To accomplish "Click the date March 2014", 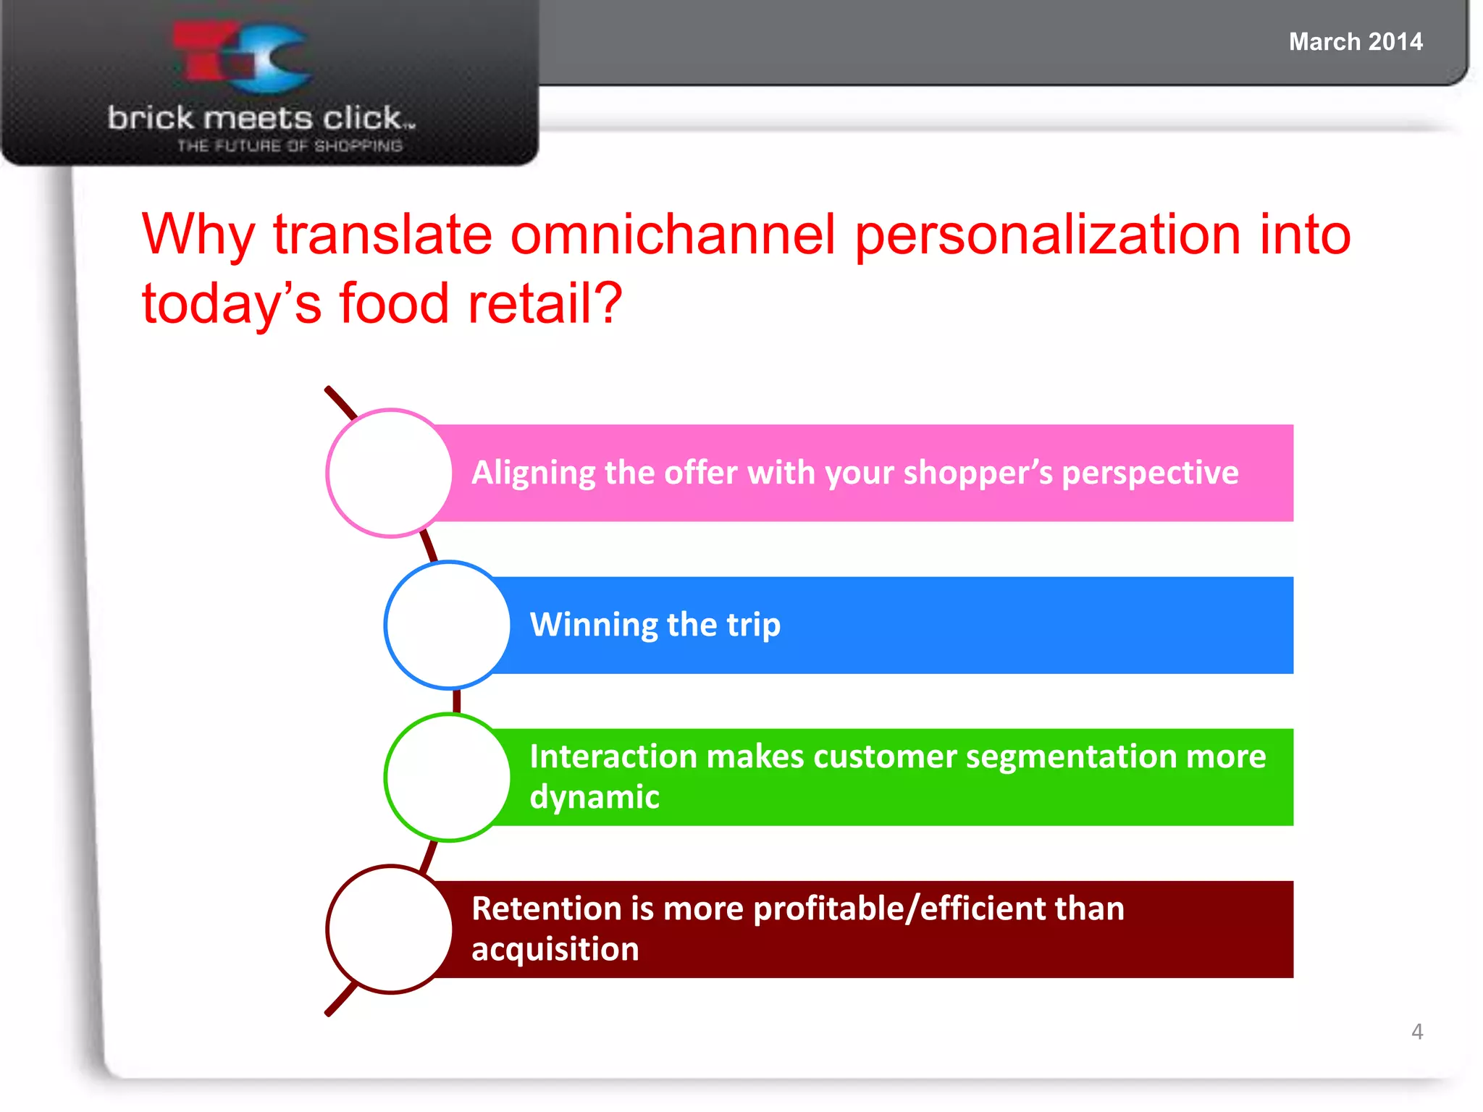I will click(x=1355, y=42).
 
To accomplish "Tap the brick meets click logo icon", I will click(x=243, y=56).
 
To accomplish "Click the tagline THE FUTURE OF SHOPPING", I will click(x=290, y=146).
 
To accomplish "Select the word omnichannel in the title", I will click(x=673, y=235).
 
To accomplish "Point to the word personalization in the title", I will click(x=1048, y=235).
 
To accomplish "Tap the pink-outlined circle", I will click(x=390, y=473).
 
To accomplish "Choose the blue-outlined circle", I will click(x=448, y=625).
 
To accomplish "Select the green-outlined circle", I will click(x=448, y=777).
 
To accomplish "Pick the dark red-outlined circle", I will click(x=390, y=929).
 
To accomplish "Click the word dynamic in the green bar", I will click(x=594, y=797).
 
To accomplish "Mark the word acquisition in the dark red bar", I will click(x=555, y=949).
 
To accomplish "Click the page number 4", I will click(x=1416, y=1032).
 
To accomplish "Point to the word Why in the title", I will click(x=198, y=235).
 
